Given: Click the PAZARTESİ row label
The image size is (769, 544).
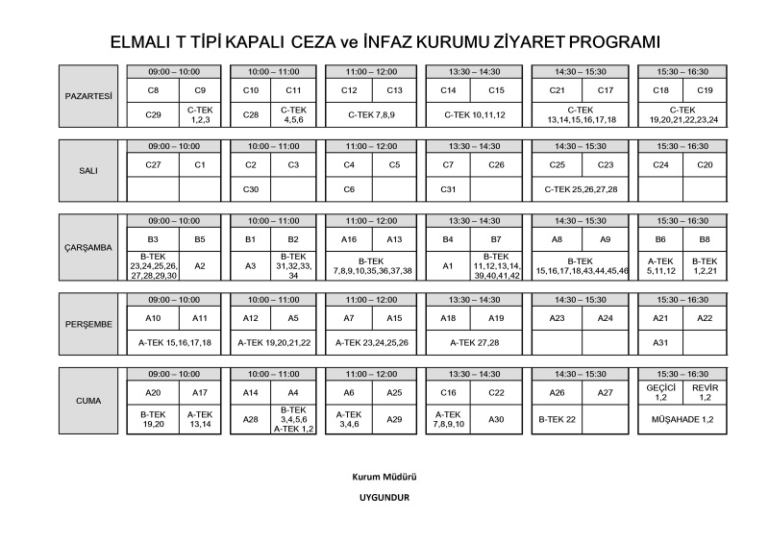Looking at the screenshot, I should (88, 96).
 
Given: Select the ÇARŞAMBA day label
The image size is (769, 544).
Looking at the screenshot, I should (88, 247).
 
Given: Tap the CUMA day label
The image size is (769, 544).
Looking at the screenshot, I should (88, 399).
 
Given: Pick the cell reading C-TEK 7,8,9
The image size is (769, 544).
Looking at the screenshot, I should (372, 115).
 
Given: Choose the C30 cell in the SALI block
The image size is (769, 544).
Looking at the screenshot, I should (251, 189).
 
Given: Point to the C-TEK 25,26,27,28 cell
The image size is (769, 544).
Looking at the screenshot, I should (581, 189).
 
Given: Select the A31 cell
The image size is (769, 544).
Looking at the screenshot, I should (660, 342).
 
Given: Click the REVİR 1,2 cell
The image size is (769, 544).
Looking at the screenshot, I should (705, 391).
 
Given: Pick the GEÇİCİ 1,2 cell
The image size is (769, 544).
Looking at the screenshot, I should (660, 391).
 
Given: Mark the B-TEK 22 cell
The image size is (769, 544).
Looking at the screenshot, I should (557, 419).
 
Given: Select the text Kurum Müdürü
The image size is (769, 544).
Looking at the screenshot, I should (379, 477).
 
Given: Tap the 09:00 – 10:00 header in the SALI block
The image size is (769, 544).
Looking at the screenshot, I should (174, 146).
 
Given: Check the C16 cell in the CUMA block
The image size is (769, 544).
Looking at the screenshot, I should (448, 392).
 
